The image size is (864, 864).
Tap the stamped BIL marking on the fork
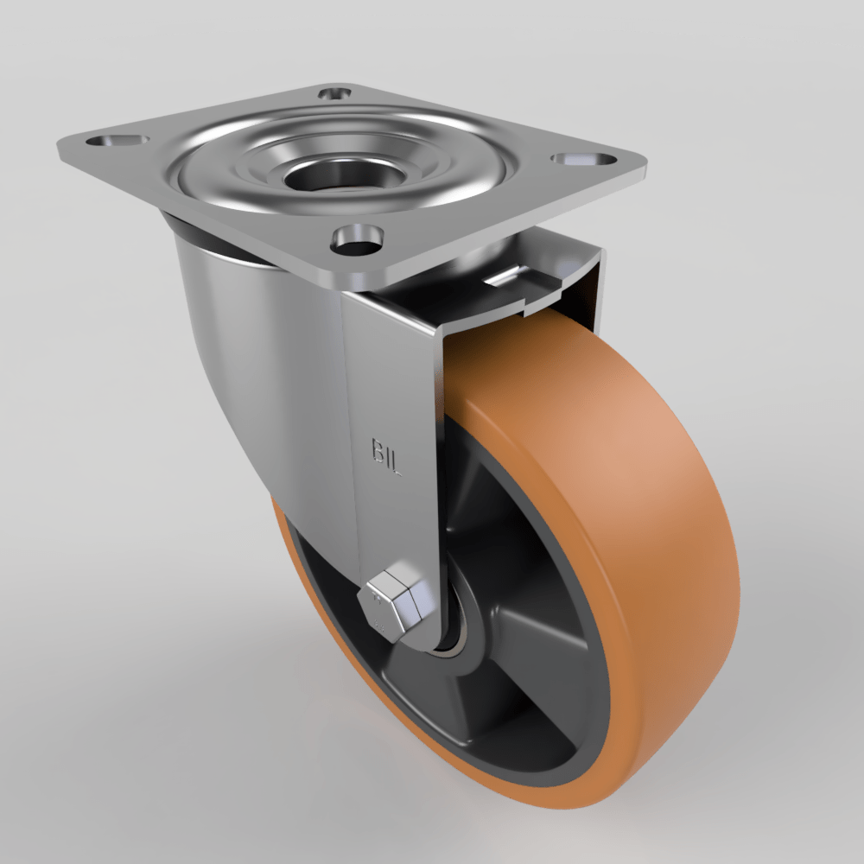click(387, 457)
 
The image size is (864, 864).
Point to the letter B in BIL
click(378, 450)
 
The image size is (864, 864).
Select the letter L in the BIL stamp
click(397, 465)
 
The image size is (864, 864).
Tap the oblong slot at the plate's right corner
click(581, 160)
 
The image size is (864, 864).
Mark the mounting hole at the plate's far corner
click(335, 92)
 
